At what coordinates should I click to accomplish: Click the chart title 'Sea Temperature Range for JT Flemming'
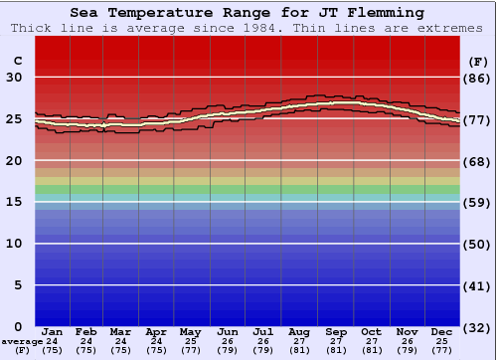248,13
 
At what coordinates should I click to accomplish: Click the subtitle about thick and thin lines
248,28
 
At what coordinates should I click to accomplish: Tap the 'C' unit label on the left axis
17,61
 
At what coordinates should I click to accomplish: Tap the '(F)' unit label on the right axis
478,61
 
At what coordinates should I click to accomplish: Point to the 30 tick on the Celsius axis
15,78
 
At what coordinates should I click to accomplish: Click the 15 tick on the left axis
15,202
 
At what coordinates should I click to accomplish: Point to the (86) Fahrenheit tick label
478,78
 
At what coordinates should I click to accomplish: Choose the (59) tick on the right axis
478,202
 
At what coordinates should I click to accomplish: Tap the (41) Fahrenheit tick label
478,285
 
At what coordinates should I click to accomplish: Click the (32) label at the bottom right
478,326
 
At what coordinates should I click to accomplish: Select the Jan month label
53,331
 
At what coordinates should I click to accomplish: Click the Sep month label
336,331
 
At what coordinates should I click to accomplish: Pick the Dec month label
442,331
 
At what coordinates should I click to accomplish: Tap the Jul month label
264,331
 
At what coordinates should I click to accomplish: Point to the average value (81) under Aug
300,350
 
